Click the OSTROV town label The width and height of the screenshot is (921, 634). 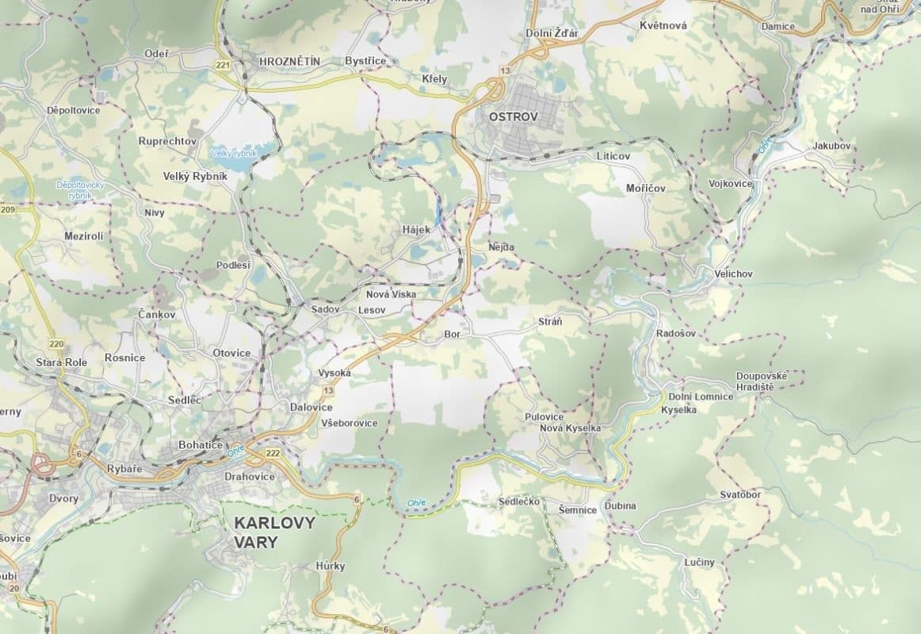tap(514, 116)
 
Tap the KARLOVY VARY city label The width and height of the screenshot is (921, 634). tap(273, 533)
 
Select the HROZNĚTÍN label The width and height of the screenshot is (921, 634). tap(289, 60)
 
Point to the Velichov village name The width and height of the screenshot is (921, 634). tap(733, 273)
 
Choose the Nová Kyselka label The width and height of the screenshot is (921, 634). tap(570, 428)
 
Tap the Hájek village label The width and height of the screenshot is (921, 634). tap(415, 230)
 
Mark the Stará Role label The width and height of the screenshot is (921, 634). tap(61, 361)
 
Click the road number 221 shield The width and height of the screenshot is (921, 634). tap(222, 65)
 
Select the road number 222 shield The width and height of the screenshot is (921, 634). tap(273, 453)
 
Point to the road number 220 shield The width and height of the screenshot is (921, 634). tap(55, 343)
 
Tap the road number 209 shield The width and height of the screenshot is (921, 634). tap(8, 210)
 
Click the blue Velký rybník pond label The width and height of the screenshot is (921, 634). tap(234, 153)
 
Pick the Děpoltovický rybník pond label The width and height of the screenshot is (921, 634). tap(75, 189)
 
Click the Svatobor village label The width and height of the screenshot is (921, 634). tap(740, 495)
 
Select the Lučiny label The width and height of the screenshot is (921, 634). tap(699, 563)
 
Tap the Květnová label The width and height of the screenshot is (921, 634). tap(663, 25)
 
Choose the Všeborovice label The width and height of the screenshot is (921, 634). tap(349, 423)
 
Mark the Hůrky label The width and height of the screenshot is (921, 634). tap(330, 567)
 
